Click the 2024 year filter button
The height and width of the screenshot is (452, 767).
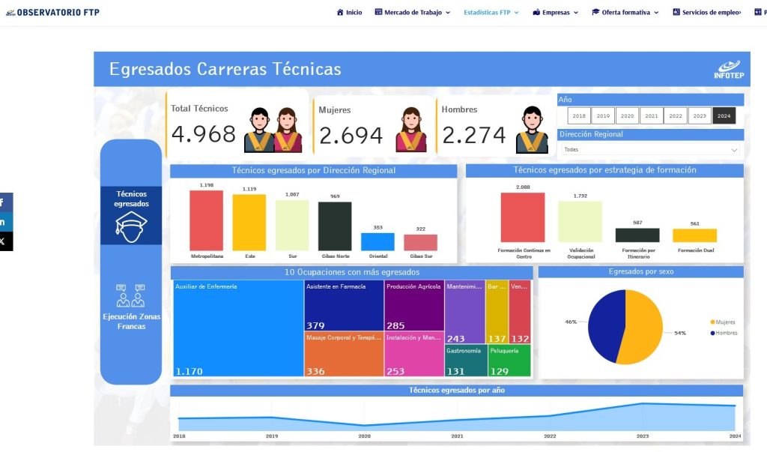click(724, 116)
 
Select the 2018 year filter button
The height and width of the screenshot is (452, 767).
click(579, 116)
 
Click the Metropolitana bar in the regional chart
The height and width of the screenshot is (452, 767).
click(206, 220)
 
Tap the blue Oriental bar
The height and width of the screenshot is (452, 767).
click(378, 241)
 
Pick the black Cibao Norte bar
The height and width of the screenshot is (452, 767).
click(335, 226)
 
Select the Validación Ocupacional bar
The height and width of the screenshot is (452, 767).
click(580, 222)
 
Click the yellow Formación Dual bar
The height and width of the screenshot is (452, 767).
click(695, 235)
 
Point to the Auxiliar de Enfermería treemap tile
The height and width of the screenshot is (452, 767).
click(238, 328)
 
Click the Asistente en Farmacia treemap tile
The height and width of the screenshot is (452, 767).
click(344, 306)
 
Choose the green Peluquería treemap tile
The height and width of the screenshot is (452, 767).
click(509, 360)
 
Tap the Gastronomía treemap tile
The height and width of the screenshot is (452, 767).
click(465, 360)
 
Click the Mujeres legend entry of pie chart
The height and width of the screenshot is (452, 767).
click(724, 322)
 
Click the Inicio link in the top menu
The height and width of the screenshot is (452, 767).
click(350, 13)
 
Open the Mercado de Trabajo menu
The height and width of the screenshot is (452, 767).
click(413, 13)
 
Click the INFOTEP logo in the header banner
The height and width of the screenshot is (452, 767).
click(727, 70)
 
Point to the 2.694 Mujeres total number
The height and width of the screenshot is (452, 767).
click(351, 136)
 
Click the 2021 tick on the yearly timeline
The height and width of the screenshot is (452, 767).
click(457, 436)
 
